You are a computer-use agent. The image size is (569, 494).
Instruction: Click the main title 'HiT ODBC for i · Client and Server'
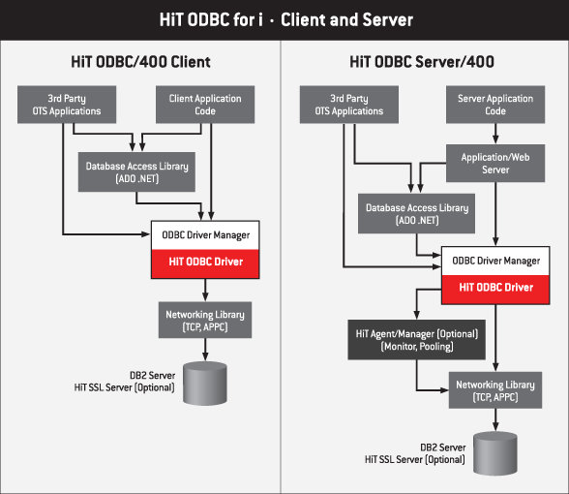[x=286, y=19]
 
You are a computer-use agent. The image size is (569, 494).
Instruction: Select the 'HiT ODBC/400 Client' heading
[x=140, y=62]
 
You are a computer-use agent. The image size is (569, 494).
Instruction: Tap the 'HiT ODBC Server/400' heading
[x=422, y=62]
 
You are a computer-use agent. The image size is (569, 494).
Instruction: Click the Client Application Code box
[x=205, y=105]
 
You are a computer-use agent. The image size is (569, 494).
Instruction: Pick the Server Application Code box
[x=495, y=105]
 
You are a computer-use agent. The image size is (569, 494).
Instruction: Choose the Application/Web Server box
[x=495, y=163]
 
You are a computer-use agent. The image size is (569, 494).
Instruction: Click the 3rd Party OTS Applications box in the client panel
[x=67, y=105]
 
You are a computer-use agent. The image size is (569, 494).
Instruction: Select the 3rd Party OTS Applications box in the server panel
[x=349, y=105]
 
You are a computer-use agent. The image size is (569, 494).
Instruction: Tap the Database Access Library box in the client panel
[x=136, y=171]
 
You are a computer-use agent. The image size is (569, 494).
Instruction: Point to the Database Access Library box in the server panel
[x=416, y=213]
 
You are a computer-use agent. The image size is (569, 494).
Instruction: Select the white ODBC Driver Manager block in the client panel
[x=205, y=235]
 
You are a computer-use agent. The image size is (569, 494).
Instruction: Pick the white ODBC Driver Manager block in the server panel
[x=495, y=261]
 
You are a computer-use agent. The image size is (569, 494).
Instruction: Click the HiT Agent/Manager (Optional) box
[x=416, y=340]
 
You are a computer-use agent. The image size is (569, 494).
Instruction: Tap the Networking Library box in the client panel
[x=205, y=320]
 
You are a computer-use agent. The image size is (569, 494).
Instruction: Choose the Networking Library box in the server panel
[x=495, y=390]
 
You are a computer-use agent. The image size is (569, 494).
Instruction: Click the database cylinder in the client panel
[x=205, y=384]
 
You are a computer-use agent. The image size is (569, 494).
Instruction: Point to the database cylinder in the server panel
[x=495, y=453]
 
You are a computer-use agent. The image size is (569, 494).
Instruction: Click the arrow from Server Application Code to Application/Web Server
[x=495, y=134]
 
